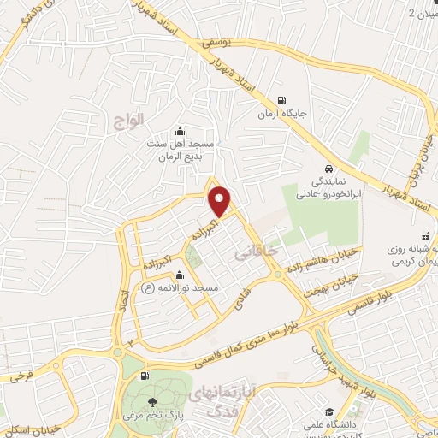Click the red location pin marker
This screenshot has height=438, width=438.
221,201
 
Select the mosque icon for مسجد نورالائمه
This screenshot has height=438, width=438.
179,275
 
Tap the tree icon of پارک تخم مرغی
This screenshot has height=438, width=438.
152,403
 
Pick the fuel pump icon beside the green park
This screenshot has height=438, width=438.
144,376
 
